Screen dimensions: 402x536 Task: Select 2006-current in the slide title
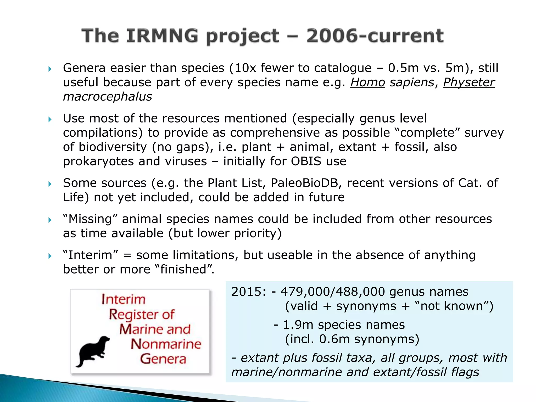pos(375,36)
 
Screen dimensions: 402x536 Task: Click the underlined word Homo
pos(368,82)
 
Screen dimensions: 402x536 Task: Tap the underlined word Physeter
pos(469,82)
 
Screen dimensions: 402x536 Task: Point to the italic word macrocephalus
pos(108,97)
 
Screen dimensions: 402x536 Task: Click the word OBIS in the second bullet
pos(306,161)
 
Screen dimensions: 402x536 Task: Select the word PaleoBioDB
pos(306,183)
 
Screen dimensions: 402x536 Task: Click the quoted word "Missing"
pos(90,219)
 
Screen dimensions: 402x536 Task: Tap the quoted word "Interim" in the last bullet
pos(91,255)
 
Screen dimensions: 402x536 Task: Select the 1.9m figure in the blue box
pos(298,325)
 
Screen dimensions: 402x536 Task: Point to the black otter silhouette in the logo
pos(93,351)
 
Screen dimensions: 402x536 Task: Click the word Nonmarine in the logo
pos(166,344)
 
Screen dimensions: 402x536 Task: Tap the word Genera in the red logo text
pos(163,359)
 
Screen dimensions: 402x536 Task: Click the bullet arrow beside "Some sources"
pos(50,184)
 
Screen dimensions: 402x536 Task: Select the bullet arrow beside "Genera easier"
pos(50,69)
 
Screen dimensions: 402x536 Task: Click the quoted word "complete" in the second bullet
pos(427,133)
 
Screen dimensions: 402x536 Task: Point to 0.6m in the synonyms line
pos(334,339)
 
